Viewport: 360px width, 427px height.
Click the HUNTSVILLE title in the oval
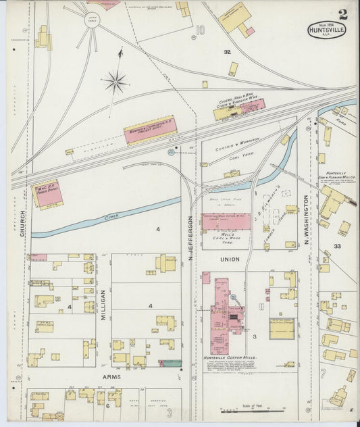coord(327,30)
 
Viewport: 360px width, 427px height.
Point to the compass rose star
coord(116,82)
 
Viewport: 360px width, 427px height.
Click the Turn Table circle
coord(93,20)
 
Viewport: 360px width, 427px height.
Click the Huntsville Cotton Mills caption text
coord(232,357)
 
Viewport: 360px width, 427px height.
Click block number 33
coord(338,247)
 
